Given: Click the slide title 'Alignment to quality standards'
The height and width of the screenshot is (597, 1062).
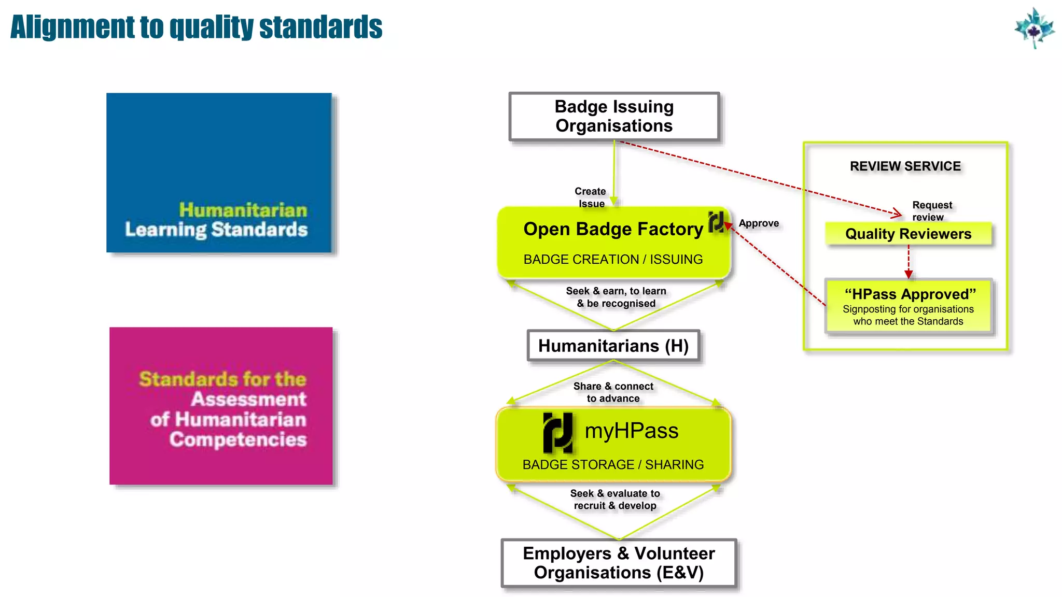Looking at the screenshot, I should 196,27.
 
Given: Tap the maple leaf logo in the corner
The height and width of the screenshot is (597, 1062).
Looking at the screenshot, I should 1034,28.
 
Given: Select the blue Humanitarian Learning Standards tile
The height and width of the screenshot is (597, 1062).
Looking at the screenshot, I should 219,173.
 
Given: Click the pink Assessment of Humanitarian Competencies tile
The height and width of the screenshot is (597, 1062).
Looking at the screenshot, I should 221,406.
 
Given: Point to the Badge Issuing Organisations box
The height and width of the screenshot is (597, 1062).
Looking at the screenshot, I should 614,117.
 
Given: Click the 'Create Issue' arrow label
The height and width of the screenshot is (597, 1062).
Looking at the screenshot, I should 591,197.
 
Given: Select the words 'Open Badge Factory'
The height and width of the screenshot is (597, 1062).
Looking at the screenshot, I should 613,229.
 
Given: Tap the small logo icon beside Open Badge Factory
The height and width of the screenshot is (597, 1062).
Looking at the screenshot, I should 716,221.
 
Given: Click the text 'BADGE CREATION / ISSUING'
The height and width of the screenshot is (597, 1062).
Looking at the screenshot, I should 613,259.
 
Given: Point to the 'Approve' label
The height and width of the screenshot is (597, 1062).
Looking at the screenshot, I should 759,223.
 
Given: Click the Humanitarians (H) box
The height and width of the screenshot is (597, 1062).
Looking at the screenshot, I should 613,346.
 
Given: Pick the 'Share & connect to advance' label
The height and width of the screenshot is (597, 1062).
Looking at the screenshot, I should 613,392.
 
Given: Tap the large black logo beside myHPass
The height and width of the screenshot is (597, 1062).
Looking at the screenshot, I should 558,432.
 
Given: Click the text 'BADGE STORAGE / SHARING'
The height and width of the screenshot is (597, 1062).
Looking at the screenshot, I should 613,464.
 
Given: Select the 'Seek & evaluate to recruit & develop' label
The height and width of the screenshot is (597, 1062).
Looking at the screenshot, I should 615,500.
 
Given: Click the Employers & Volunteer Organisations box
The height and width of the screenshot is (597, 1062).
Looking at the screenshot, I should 619,563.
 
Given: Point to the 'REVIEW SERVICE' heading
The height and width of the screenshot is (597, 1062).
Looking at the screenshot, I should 905,166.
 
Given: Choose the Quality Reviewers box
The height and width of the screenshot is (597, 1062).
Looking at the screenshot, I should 908,234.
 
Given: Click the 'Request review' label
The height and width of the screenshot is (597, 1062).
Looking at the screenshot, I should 931,211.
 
